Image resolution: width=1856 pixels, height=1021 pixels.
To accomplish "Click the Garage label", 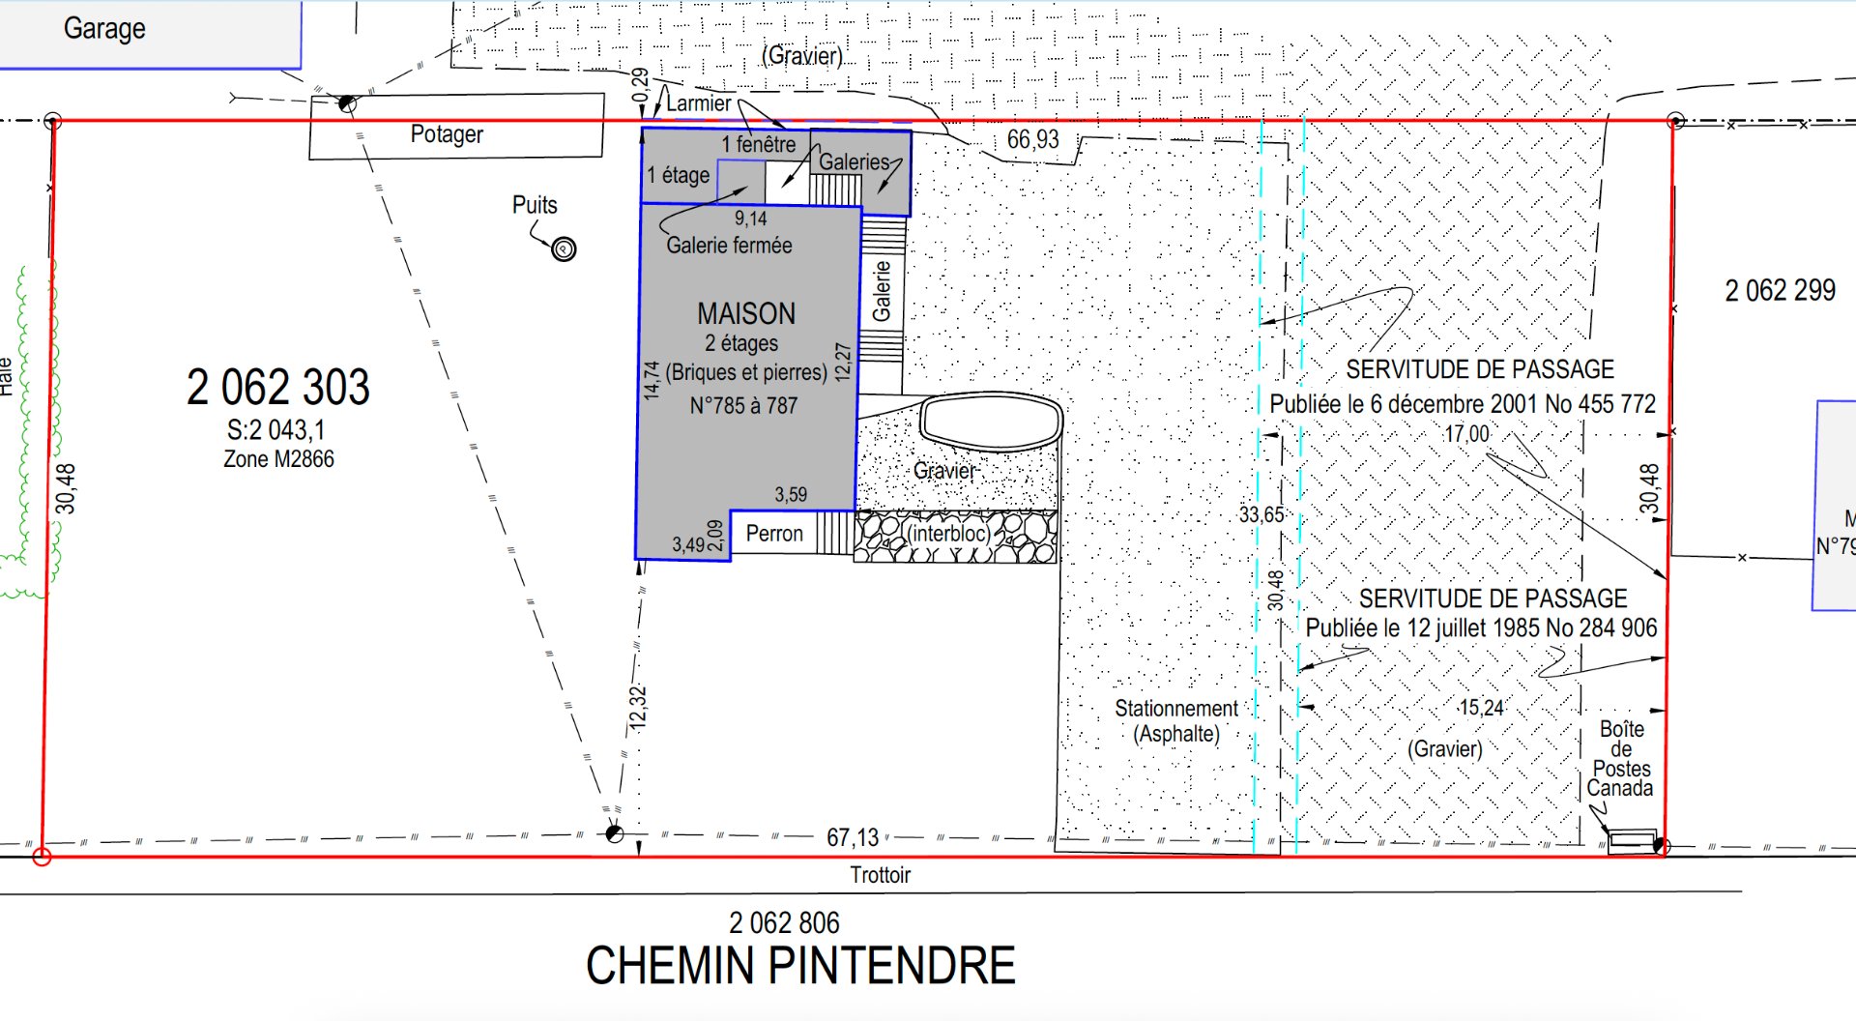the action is pyautogui.click(x=104, y=29).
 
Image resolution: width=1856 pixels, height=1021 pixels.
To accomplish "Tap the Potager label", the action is pyautogui.click(x=447, y=134).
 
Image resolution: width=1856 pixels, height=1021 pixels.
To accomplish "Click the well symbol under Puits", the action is pyautogui.click(x=564, y=249).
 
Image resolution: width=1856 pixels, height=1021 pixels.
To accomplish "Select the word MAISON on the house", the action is pyautogui.click(x=746, y=313).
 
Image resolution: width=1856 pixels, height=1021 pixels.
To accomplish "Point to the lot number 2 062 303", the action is pyautogui.click(x=278, y=388).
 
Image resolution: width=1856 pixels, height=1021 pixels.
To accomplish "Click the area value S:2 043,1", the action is pyautogui.click(x=276, y=430).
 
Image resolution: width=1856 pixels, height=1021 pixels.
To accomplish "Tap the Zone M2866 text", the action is pyautogui.click(x=278, y=459).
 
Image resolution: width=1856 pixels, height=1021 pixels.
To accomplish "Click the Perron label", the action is pyautogui.click(x=774, y=534).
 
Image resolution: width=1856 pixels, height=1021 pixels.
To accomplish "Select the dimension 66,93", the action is pyautogui.click(x=1033, y=140).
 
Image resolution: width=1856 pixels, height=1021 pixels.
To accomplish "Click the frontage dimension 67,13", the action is pyautogui.click(x=853, y=837).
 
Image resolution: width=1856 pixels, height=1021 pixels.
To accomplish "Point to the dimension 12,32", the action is pyautogui.click(x=637, y=708).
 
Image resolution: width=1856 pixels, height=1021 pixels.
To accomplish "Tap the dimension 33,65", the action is pyautogui.click(x=1261, y=514).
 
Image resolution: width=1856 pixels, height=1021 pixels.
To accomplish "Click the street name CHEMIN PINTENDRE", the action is pyautogui.click(x=800, y=966).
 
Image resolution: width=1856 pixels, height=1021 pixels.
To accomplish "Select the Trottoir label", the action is pyautogui.click(x=881, y=875).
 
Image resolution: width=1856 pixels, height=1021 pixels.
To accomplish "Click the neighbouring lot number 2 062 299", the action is pyautogui.click(x=1780, y=290).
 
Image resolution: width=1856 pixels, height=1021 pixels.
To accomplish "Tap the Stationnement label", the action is pyautogui.click(x=1176, y=709).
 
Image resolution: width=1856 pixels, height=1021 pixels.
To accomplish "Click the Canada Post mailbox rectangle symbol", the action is pyautogui.click(x=1633, y=840).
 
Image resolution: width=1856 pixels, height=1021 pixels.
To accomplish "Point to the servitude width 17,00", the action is pyautogui.click(x=1466, y=434).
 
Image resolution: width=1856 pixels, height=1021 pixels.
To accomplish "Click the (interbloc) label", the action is pyautogui.click(x=948, y=534).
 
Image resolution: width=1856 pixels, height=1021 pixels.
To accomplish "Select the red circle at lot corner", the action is pyautogui.click(x=42, y=857).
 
